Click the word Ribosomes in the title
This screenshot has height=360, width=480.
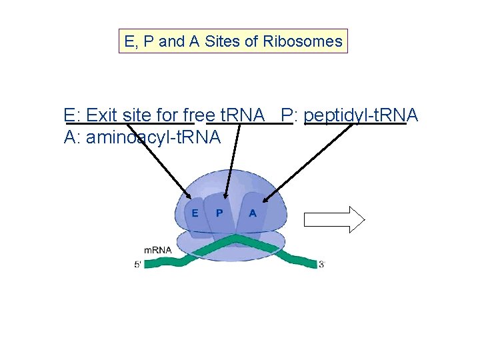click(303, 42)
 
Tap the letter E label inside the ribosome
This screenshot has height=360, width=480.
click(195, 213)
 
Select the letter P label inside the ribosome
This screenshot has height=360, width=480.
click(219, 213)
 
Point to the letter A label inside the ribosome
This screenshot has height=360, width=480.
click(253, 213)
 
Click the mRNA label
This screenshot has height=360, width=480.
click(157, 250)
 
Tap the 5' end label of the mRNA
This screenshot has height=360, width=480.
click(138, 265)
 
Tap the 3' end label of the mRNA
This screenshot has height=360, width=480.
click(321, 265)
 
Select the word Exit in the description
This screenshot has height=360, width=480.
click(102, 115)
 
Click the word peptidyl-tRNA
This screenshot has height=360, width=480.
click(361, 115)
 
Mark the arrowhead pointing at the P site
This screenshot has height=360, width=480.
click(225, 197)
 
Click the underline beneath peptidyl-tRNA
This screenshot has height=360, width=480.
click(355, 124)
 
